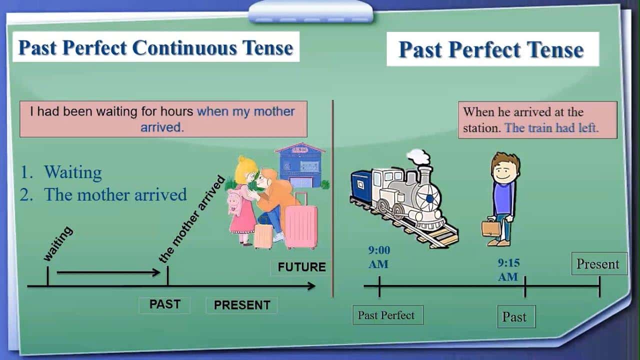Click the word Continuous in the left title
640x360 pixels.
[x=184, y=47]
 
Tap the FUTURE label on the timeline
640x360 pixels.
[x=301, y=267]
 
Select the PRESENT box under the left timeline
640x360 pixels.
[x=241, y=305]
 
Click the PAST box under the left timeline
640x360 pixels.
[x=164, y=304]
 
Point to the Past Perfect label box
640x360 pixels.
[x=387, y=315]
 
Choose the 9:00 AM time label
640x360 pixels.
[x=379, y=257]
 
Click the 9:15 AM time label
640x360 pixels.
[x=508, y=269]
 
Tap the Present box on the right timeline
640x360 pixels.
[x=599, y=263]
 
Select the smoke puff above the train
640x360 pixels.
[x=419, y=156]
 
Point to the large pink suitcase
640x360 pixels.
[x=301, y=225]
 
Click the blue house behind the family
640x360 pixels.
[x=300, y=165]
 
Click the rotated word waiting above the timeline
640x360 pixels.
[x=58, y=243]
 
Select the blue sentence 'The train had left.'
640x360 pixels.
[x=551, y=127]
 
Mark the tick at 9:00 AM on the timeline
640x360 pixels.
[x=379, y=286]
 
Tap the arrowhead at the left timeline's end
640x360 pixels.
[x=312, y=286]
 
